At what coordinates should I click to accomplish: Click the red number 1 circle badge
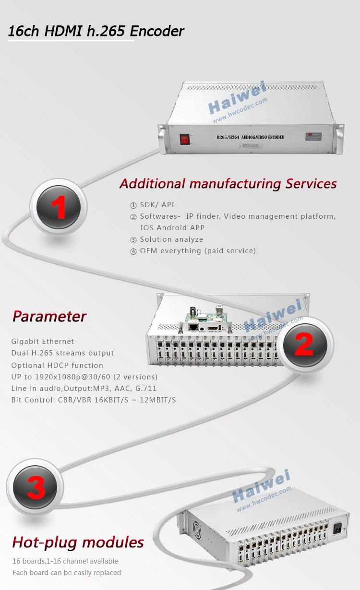59,208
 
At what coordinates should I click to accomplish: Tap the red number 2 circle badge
304,345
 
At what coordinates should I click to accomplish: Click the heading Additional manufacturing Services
228,184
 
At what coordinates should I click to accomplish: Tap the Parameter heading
49,317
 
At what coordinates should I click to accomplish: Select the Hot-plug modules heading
78,543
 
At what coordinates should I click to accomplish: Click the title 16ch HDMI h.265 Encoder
96,31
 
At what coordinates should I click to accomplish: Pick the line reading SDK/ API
157,205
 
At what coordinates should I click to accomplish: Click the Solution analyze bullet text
171,239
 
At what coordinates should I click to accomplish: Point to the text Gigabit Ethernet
43,342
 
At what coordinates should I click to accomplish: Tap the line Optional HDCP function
57,365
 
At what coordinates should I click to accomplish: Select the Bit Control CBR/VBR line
94,400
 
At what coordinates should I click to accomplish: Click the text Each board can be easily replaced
67,573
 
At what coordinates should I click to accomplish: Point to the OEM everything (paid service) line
198,251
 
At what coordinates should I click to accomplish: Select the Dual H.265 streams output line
62,353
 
